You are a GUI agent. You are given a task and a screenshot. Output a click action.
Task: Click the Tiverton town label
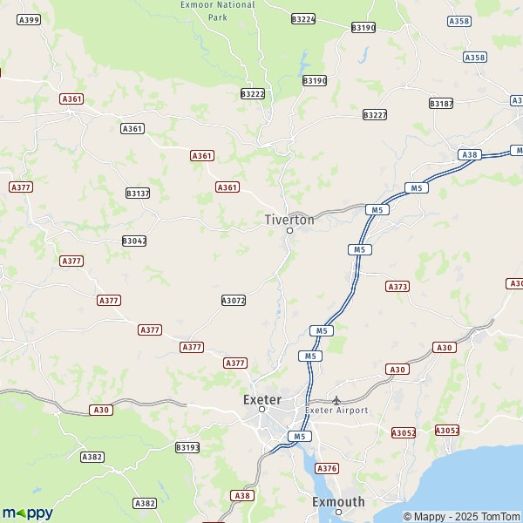tap(289, 220)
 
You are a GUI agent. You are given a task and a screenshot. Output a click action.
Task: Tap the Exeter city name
tap(261, 399)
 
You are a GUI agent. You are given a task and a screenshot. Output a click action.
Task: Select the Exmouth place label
tap(338, 501)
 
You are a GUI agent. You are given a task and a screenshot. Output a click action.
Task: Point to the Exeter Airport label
tap(336, 410)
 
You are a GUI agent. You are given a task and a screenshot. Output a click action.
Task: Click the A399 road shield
tap(29, 19)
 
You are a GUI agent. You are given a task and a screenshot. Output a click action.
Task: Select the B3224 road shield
tap(303, 18)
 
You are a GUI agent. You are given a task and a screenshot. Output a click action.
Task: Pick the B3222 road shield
tap(252, 93)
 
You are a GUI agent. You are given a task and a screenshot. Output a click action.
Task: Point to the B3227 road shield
tap(375, 114)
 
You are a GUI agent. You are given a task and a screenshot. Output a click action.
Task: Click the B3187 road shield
tap(441, 103)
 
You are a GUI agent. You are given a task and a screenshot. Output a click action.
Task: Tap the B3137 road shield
tap(138, 193)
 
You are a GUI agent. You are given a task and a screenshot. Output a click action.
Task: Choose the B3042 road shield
tap(133, 240)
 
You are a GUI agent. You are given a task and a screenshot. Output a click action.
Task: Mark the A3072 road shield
tap(234, 300)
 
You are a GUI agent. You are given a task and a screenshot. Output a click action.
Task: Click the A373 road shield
tap(397, 286)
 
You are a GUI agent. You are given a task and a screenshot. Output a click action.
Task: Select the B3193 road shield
tap(187, 447)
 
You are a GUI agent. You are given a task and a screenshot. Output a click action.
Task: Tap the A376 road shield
tap(327, 468)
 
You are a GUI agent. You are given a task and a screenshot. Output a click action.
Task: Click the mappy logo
tap(27, 513)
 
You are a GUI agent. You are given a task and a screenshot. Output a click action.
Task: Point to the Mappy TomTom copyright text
tap(461, 516)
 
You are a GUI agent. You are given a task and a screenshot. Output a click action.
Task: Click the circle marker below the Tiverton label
tap(289, 231)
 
